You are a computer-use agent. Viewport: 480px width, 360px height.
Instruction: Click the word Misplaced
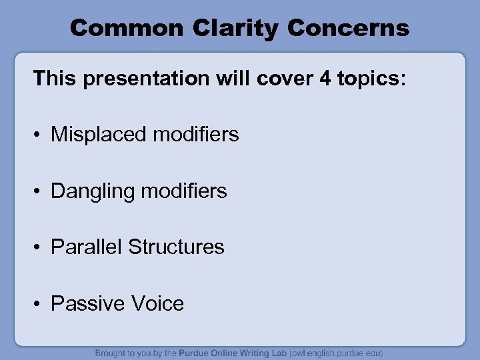point(99,135)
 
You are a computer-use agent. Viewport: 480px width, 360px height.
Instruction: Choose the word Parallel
point(87,247)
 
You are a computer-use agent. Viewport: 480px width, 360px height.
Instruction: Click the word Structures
point(177,247)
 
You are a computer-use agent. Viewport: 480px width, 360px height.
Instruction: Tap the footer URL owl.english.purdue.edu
point(336,353)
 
